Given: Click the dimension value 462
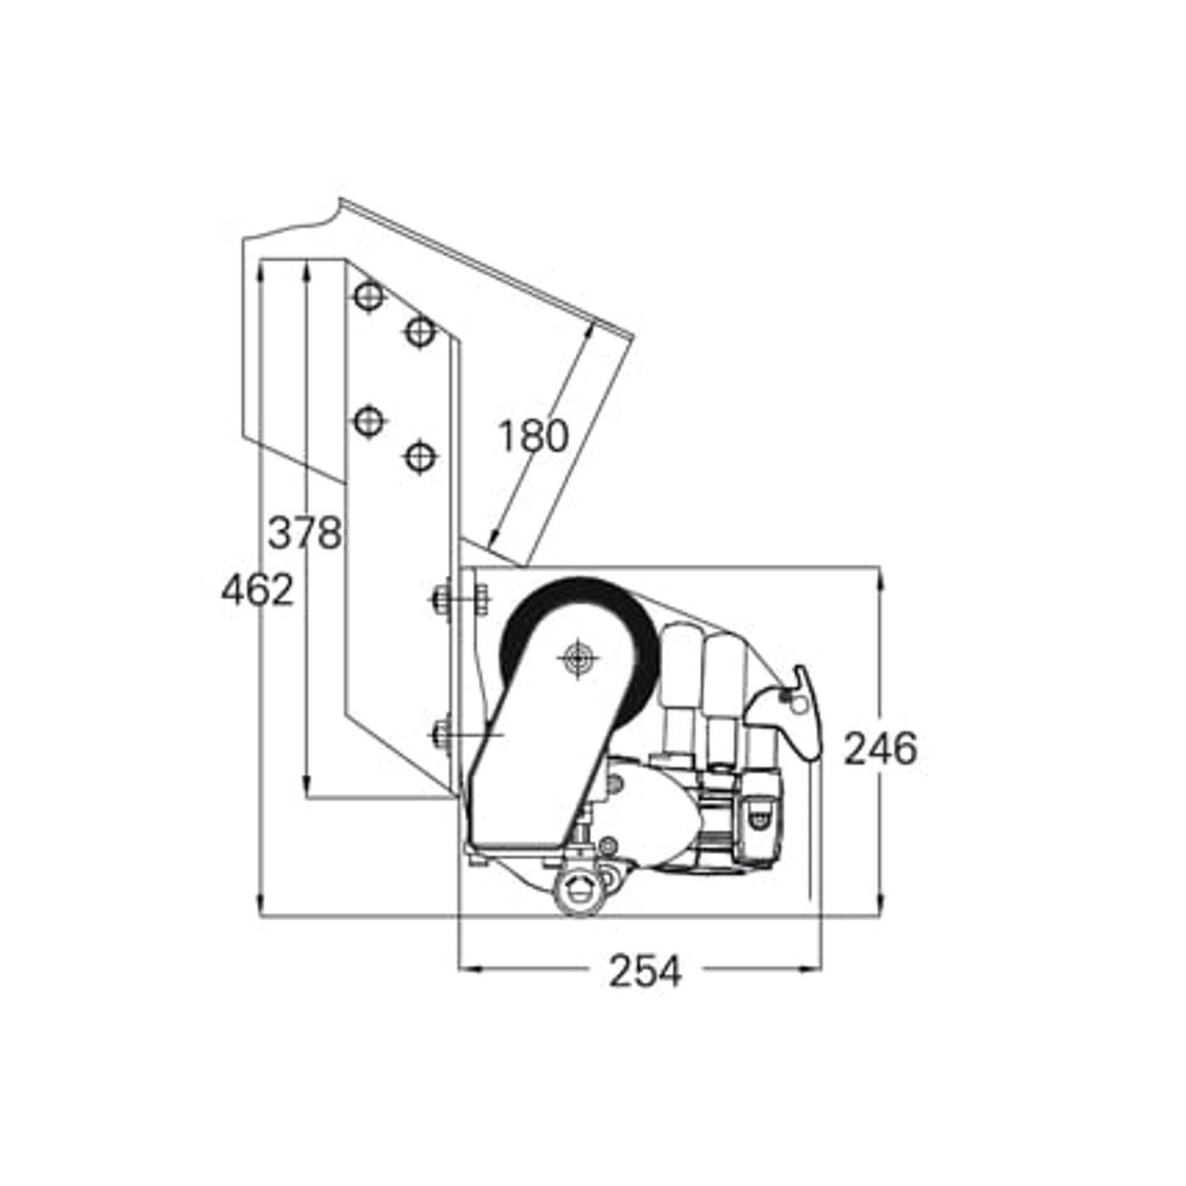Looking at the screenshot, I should pos(257,590).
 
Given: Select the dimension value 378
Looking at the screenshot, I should pos(304,532).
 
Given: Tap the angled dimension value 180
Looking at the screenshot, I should pos(533,436).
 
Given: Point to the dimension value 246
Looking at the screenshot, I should pos(880,749).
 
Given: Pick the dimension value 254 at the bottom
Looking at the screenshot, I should pos(645,971).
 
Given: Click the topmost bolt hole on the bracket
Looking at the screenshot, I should pos(368,296).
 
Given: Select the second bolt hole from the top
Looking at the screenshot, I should pos(420,330).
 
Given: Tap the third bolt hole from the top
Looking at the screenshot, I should pos(368,422).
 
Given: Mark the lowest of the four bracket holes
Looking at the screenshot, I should pos(420,456).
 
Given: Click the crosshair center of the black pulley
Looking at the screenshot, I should pos(578,659).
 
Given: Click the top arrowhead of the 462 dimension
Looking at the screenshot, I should pos(261,269).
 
